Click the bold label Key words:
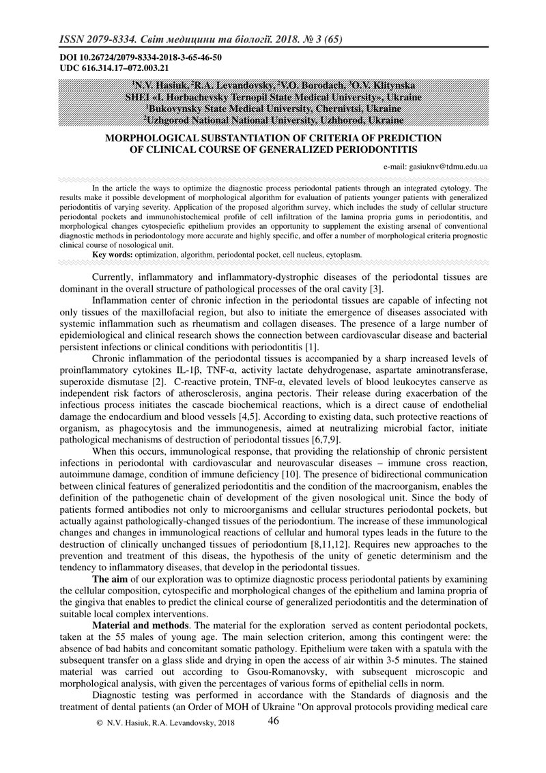click(113, 254)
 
